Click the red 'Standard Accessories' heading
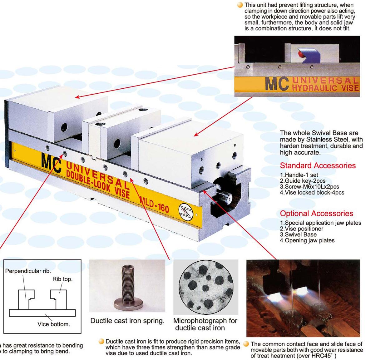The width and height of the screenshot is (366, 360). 318,165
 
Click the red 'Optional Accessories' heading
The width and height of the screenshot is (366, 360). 317,213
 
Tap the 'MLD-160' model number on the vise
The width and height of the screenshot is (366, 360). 154,205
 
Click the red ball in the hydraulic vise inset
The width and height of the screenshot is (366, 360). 301,54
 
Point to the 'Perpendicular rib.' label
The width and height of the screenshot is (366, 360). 28,271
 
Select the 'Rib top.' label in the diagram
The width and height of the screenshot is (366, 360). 62,279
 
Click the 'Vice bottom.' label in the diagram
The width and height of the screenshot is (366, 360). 54,324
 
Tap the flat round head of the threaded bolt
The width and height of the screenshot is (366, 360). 128,304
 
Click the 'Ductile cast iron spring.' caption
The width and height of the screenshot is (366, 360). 127,321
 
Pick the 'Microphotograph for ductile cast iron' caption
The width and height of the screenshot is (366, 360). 205,324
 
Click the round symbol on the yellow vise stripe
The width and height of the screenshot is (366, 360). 186,212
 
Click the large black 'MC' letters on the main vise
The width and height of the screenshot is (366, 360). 51,162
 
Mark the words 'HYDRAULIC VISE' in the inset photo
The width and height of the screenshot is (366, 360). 325,88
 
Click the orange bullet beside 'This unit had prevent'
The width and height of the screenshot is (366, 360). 240,5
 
